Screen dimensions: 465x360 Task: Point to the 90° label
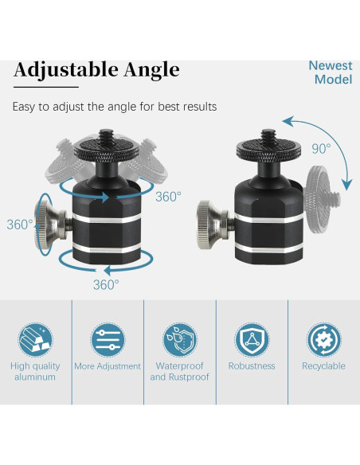click(x=321, y=148)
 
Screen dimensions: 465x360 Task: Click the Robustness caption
click(x=252, y=366)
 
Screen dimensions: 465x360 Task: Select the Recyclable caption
click(x=323, y=366)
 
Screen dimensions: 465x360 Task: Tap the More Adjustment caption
click(x=108, y=366)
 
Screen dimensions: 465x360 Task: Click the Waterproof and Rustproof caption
click(x=179, y=372)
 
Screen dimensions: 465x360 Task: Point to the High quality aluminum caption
click(x=34, y=372)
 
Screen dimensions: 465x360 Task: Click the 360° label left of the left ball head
click(x=19, y=225)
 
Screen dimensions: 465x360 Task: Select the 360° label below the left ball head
click(x=106, y=284)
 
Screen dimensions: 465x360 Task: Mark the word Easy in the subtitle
click(x=25, y=106)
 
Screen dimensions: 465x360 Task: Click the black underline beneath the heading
click(x=45, y=86)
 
